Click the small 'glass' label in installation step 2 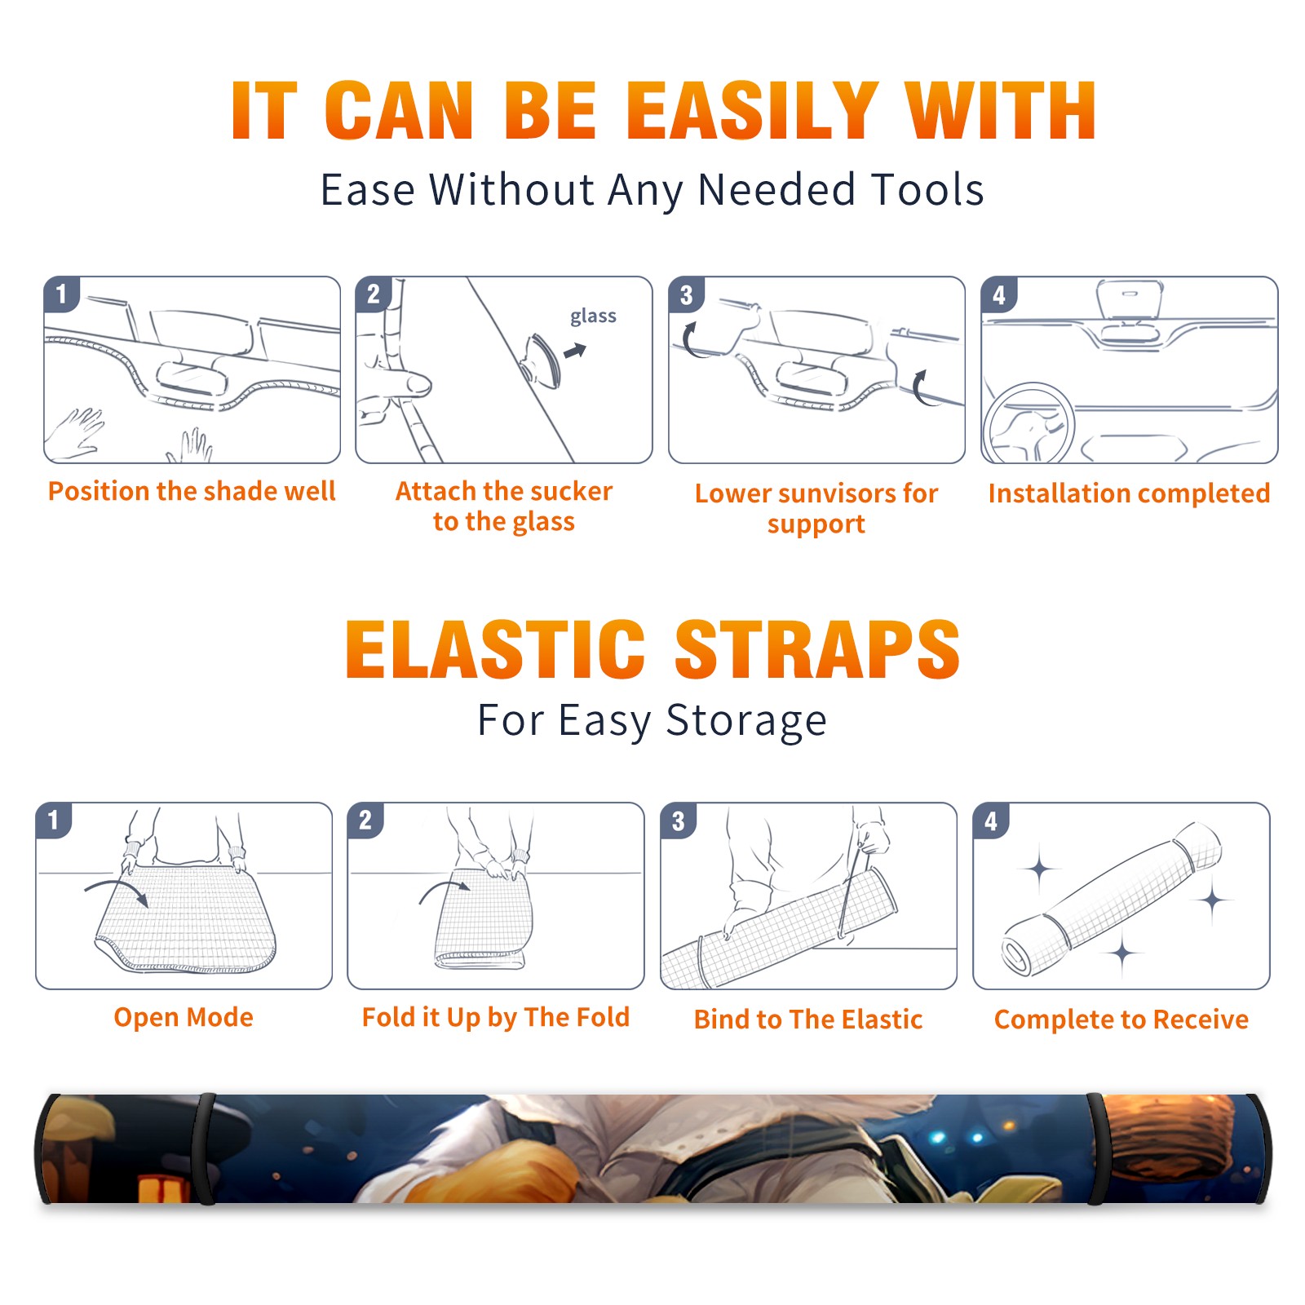pyautogui.click(x=593, y=316)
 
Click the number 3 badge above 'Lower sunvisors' pyautogui.click(x=687, y=294)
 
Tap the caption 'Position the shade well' pyautogui.click(x=192, y=491)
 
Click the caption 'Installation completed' pyautogui.click(x=1129, y=493)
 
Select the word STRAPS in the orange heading pyautogui.click(x=817, y=649)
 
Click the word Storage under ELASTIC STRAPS pyautogui.click(x=746, y=721)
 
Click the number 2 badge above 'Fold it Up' pyautogui.click(x=365, y=821)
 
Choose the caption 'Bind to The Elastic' pyautogui.click(x=808, y=1020)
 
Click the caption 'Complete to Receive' pyautogui.click(x=1121, y=1020)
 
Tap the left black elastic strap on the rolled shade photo pyautogui.click(x=206, y=1149)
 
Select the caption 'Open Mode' pyautogui.click(x=184, y=1017)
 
